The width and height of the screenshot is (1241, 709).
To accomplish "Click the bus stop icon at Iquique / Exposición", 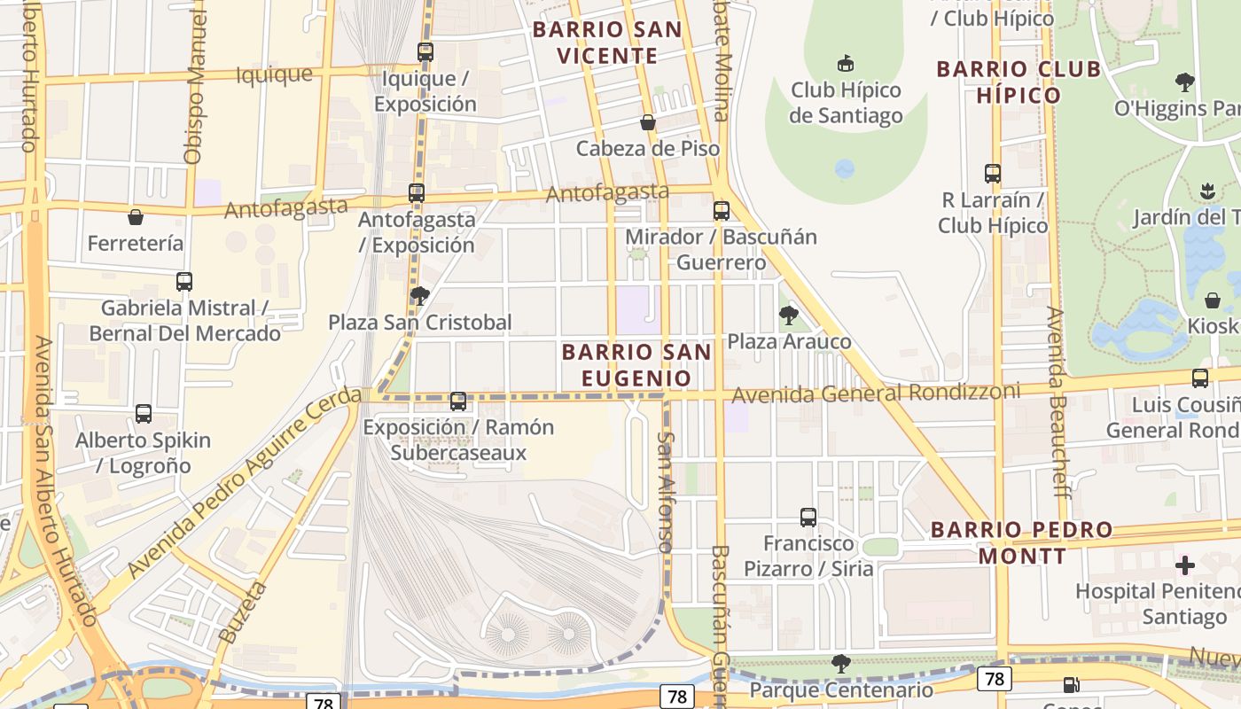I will (425, 52).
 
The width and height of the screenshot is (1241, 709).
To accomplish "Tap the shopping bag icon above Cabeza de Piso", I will (648, 122).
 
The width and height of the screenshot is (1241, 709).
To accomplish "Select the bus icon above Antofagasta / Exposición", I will (416, 193).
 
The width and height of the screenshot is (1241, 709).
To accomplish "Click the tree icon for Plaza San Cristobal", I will (419, 296).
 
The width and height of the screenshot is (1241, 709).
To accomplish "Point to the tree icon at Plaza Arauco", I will (788, 316).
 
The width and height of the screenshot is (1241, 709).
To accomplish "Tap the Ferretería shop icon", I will (136, 217).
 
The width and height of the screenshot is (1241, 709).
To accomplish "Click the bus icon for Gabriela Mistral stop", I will (183, 282).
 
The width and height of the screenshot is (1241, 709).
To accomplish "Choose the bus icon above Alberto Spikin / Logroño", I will (143, 414).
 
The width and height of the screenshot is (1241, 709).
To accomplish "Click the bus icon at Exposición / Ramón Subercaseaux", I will (458, 401).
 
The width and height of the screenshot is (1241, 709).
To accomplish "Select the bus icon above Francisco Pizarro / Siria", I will (808, 518).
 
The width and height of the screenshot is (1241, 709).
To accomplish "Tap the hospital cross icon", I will (1185, 565).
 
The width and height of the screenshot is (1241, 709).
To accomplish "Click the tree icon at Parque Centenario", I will (841, 664).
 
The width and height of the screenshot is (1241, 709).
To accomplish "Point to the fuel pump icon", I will (1071, 685).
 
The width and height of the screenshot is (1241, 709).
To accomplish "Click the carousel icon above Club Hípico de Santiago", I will (846, 64).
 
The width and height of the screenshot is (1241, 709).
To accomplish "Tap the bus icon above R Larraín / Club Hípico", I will (993, 174).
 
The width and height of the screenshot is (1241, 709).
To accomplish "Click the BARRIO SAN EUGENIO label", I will (636, 365).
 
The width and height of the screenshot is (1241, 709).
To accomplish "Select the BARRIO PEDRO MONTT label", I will (1021, 542).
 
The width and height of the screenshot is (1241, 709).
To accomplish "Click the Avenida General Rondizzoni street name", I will (875, 392).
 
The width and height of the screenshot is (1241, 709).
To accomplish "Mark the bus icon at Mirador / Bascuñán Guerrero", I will (722, 211).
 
